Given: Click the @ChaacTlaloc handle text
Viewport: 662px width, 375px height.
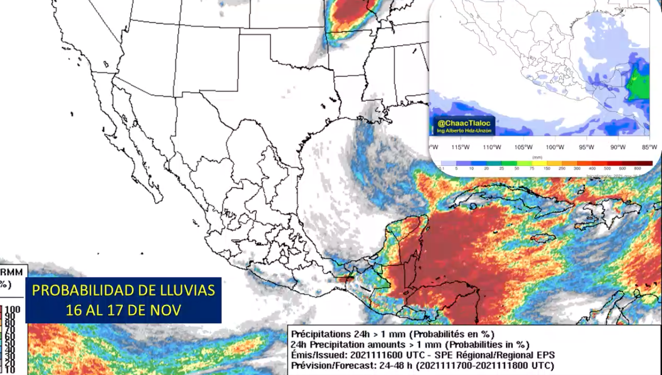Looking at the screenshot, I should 461,123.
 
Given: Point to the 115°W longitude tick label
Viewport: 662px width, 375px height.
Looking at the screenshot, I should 461,147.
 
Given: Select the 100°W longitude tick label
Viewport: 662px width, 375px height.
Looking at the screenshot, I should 555,147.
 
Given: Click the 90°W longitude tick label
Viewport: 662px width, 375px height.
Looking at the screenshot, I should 618,147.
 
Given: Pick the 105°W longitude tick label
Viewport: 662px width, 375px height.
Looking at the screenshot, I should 523,147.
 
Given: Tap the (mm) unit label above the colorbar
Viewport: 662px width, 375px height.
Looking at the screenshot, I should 538,157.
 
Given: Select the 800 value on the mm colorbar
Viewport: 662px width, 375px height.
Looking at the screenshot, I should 644,169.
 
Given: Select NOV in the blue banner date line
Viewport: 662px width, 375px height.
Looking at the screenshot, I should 169,310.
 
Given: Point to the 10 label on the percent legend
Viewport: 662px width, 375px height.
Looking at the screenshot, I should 10,370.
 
